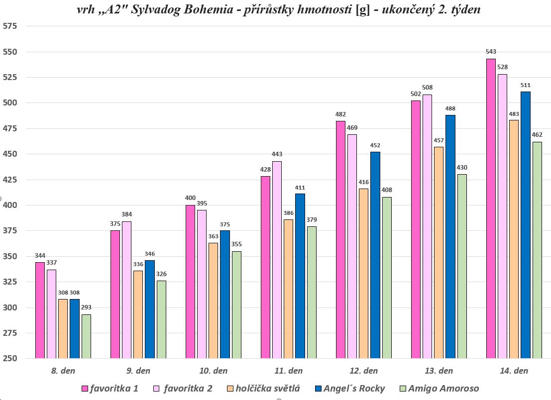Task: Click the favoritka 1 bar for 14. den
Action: click(490, 209)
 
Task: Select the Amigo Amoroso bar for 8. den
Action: click(86, 336)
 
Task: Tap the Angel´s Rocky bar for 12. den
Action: click(375, 255)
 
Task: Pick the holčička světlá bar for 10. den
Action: click(213, 300)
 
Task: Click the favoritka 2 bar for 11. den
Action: click(277, 260)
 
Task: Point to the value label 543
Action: click(490, 52)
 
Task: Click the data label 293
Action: click(86, 307)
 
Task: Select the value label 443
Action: click(277, 154)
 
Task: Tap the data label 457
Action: click(439, 140)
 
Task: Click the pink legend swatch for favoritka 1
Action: click(85, 389)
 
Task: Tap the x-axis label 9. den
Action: click(138, 371)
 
